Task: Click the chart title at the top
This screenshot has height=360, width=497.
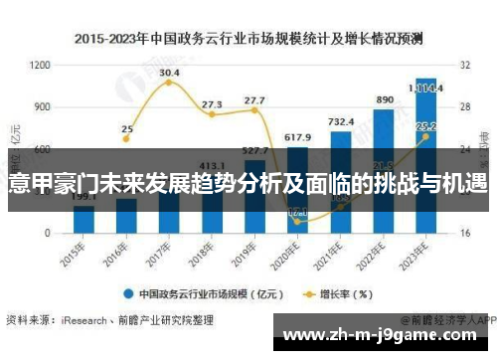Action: pos(248,40)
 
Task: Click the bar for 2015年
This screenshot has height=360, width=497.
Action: pos(83,220)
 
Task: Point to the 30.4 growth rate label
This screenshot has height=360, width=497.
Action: pos(169,73)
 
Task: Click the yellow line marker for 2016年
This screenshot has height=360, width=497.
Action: pos(126,138)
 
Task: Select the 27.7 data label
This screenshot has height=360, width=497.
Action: pos(254,99)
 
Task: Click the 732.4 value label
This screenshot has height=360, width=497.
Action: pos(340,121)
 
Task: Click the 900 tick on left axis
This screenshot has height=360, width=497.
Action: pos(43,106)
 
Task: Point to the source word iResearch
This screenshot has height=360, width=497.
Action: pos(84,321)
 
